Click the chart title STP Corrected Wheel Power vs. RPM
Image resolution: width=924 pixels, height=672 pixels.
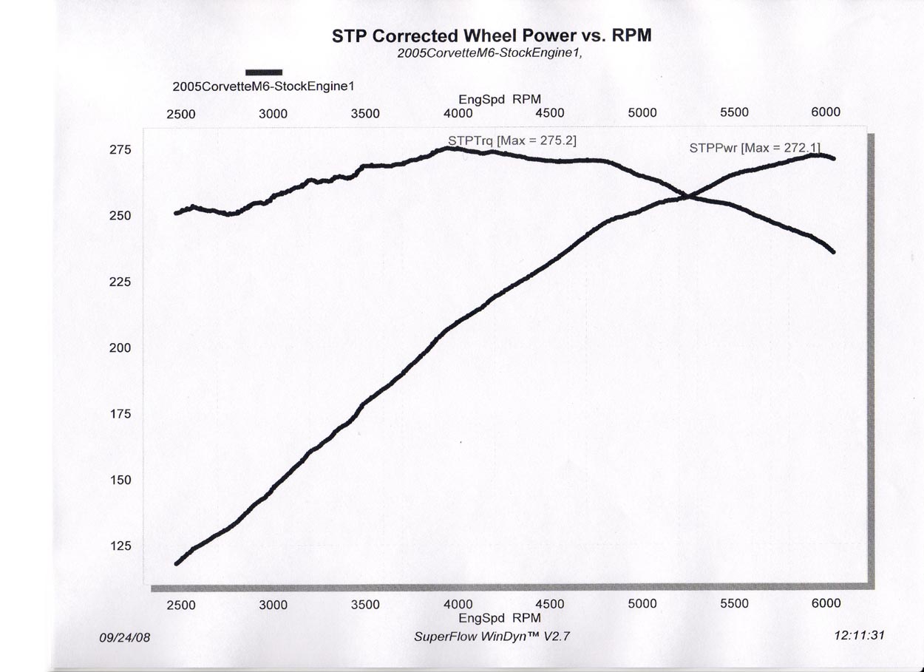tap(492, 36)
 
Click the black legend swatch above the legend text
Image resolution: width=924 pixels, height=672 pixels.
tap(264, 72)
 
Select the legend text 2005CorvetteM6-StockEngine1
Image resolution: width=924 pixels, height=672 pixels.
tap(264, 86)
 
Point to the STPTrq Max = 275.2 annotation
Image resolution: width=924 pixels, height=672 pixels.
tap(512, 139)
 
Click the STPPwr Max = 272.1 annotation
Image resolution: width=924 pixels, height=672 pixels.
tap(754, 147)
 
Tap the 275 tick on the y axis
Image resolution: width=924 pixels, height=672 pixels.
tap(120, 150)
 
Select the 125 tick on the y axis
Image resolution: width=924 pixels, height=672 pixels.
tap(120, 546)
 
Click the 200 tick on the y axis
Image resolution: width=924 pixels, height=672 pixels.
tap(120, 348)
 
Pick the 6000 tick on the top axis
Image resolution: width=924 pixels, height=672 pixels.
tap(826, 112)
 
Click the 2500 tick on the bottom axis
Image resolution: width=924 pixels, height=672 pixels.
tap(180, 605)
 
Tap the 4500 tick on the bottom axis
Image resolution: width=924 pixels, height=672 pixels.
tap(549, 604)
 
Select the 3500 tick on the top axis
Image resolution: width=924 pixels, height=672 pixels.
tap(365, 113)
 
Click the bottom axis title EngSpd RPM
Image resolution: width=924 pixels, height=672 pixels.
tap(500, 618)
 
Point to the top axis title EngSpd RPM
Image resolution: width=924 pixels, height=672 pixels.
tap(500, 99)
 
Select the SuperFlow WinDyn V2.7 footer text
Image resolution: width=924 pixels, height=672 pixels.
tap(492, 636)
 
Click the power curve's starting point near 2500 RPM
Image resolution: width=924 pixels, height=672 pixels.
tap(177, 563)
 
